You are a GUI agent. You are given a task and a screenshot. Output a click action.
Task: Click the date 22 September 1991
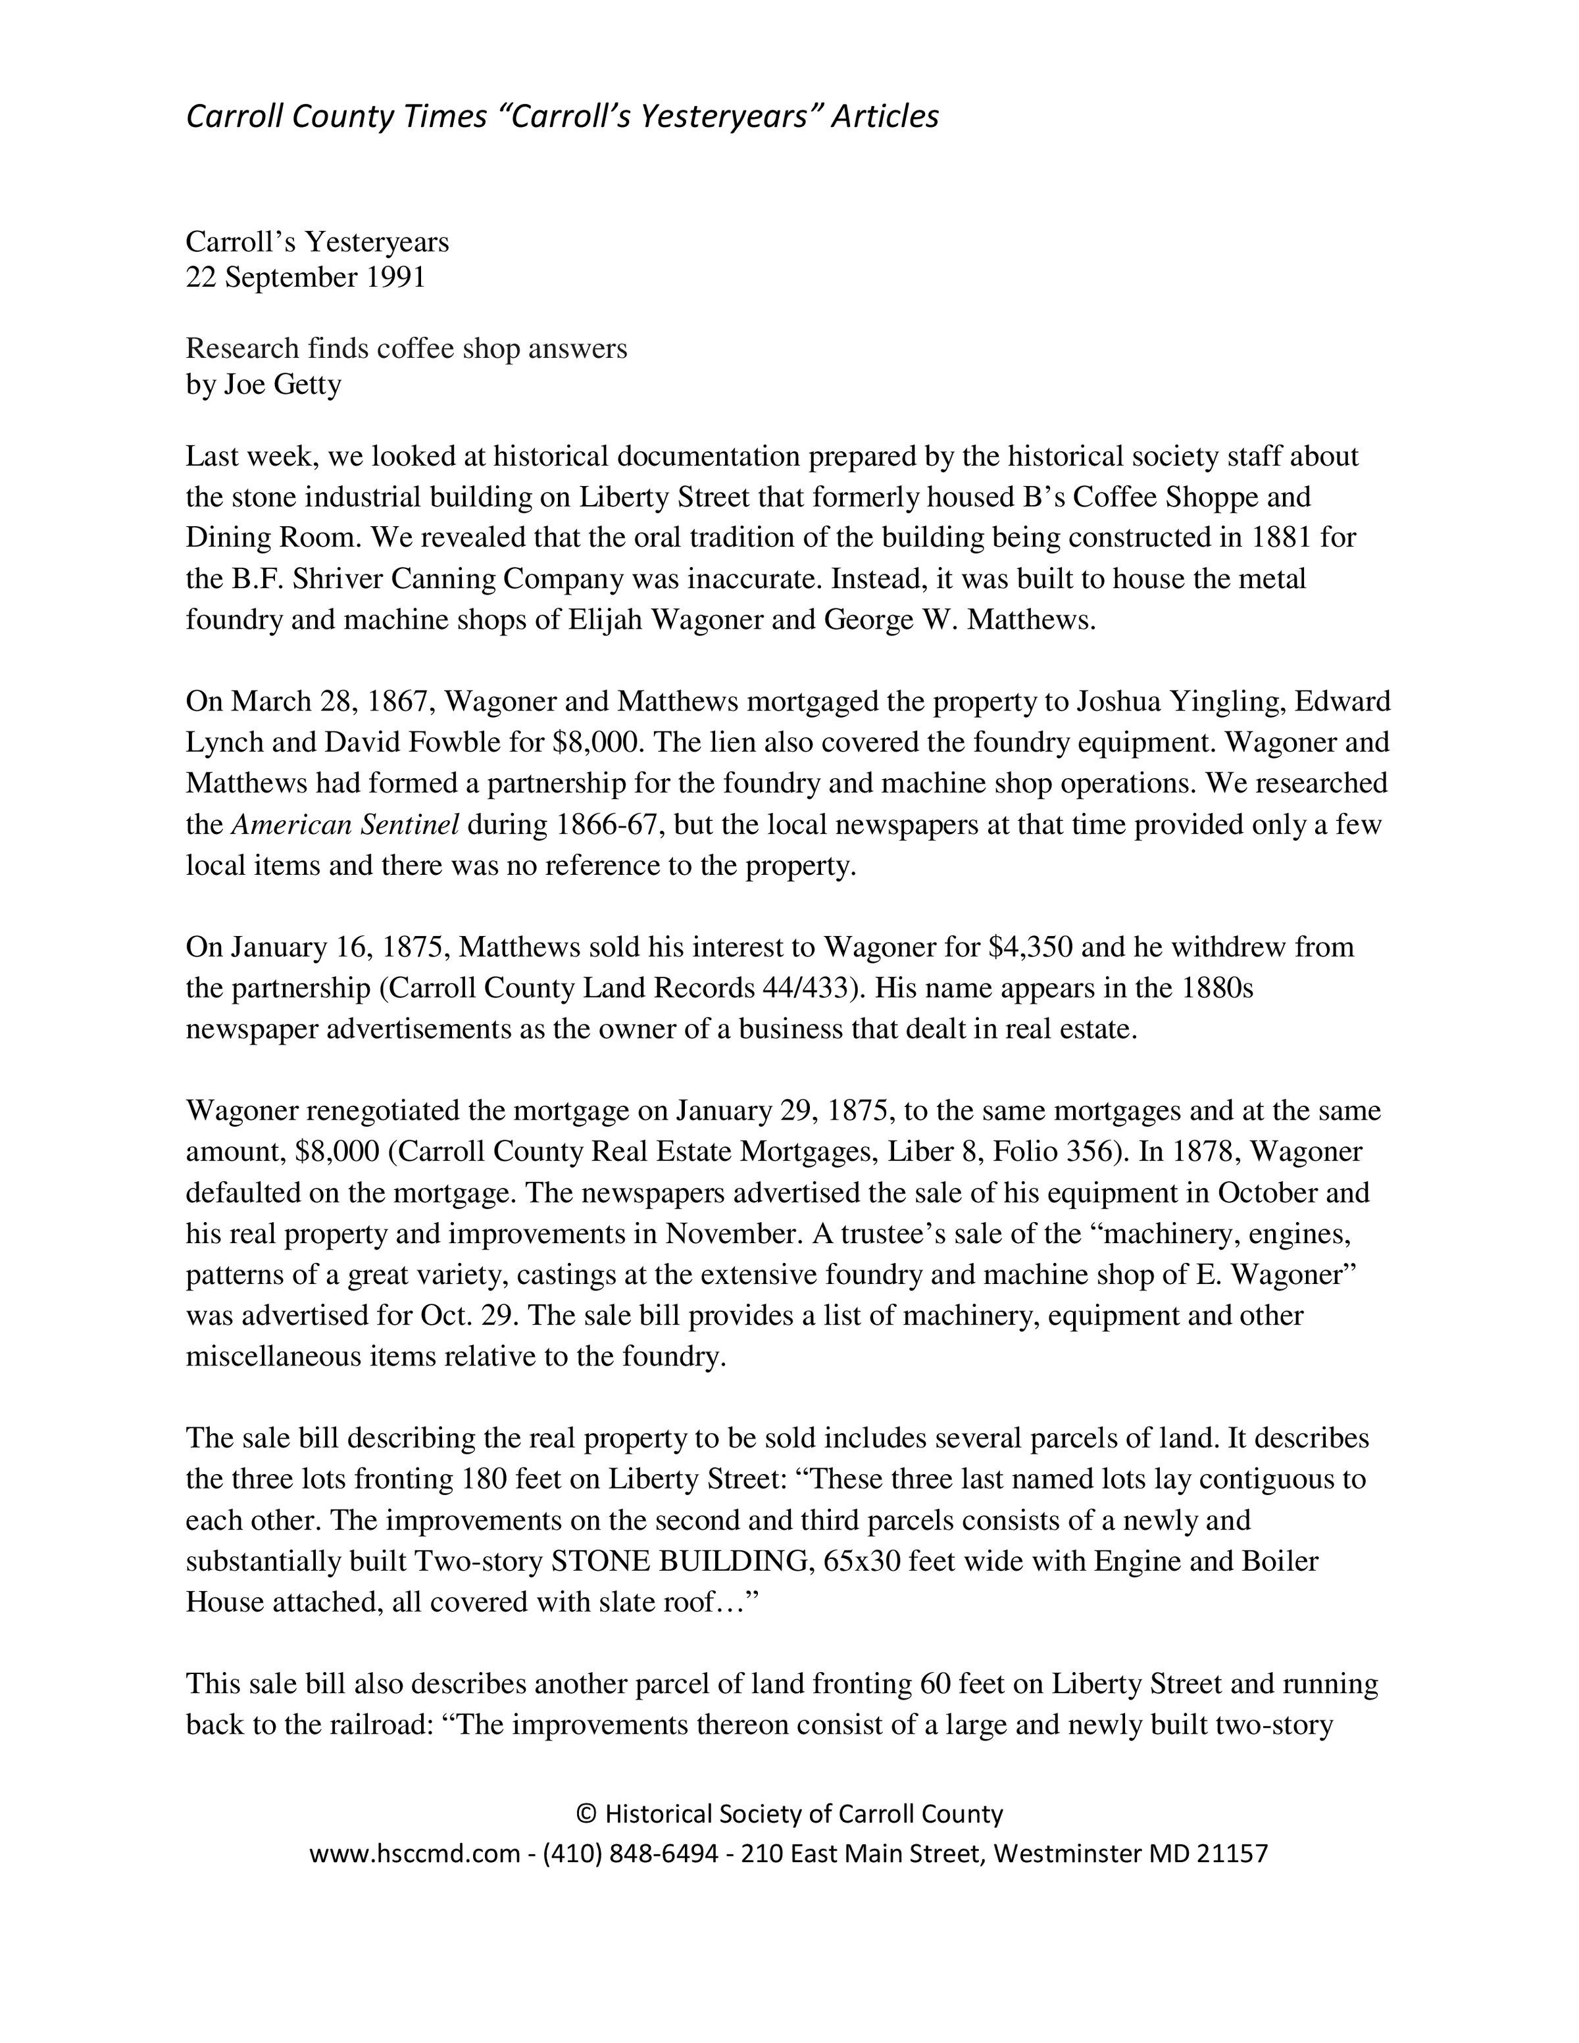click(305, 278)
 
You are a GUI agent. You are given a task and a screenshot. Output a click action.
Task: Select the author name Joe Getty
click(282, 385)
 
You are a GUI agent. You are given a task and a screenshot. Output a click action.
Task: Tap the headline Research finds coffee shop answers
click(406, 348)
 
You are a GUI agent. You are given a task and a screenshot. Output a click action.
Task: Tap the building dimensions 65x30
click(861, 1562)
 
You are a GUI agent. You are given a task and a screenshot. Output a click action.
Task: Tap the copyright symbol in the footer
click(586, 1840)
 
